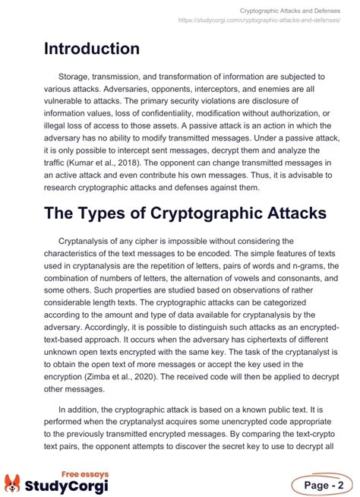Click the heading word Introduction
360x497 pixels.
(91, 49)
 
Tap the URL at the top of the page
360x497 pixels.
(259, 21)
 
